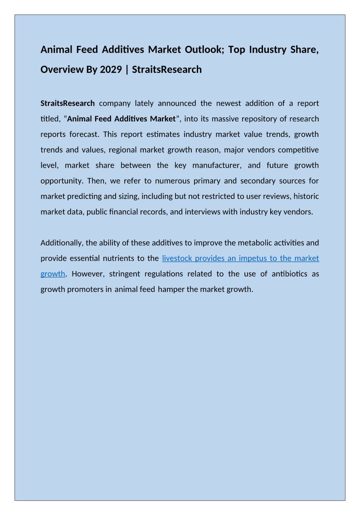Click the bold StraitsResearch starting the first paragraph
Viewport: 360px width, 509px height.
(x=68, y=103)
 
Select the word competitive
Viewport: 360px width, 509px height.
(x=297, y=150)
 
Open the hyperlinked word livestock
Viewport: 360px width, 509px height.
(x=177, y=258)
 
